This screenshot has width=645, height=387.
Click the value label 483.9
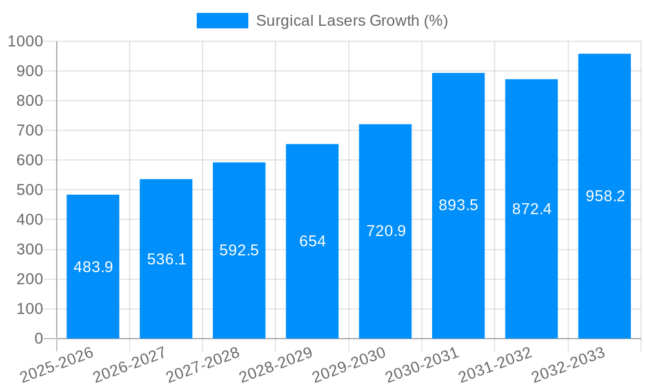click(93, 267)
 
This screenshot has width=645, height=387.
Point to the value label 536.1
click(166, 259)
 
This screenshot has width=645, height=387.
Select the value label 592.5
click(239, 250)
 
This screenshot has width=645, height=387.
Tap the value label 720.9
click(386, 231)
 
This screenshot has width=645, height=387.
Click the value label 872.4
click(531, 209)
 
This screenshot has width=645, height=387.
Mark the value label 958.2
click(605, 196)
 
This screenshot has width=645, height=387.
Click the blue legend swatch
click(222, 21)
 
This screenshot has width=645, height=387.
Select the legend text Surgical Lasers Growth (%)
click(352, 21)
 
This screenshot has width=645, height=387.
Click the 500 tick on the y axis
click(29, 190)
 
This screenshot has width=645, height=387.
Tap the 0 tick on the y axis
click(39, 339)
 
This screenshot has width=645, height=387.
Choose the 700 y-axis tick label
click(29, 130)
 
